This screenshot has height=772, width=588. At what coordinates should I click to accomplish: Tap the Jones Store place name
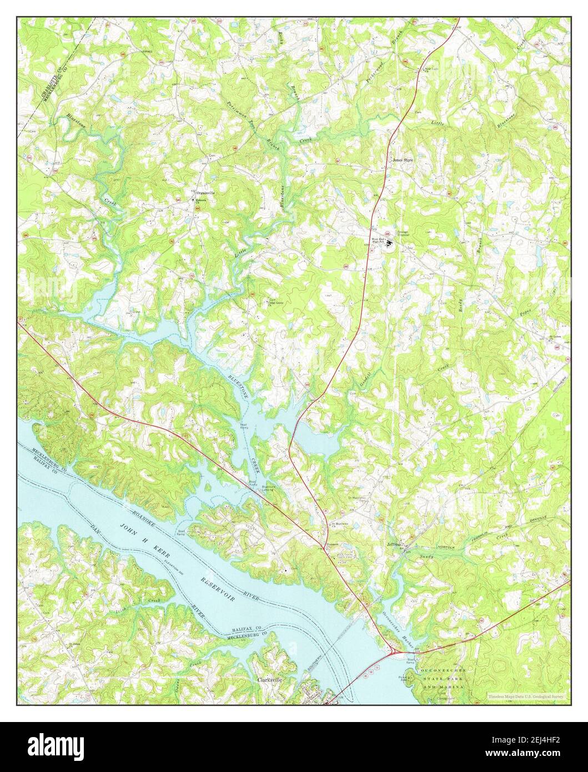(x=403, y=160)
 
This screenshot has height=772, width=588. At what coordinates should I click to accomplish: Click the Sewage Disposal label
(x=402, y=234)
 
